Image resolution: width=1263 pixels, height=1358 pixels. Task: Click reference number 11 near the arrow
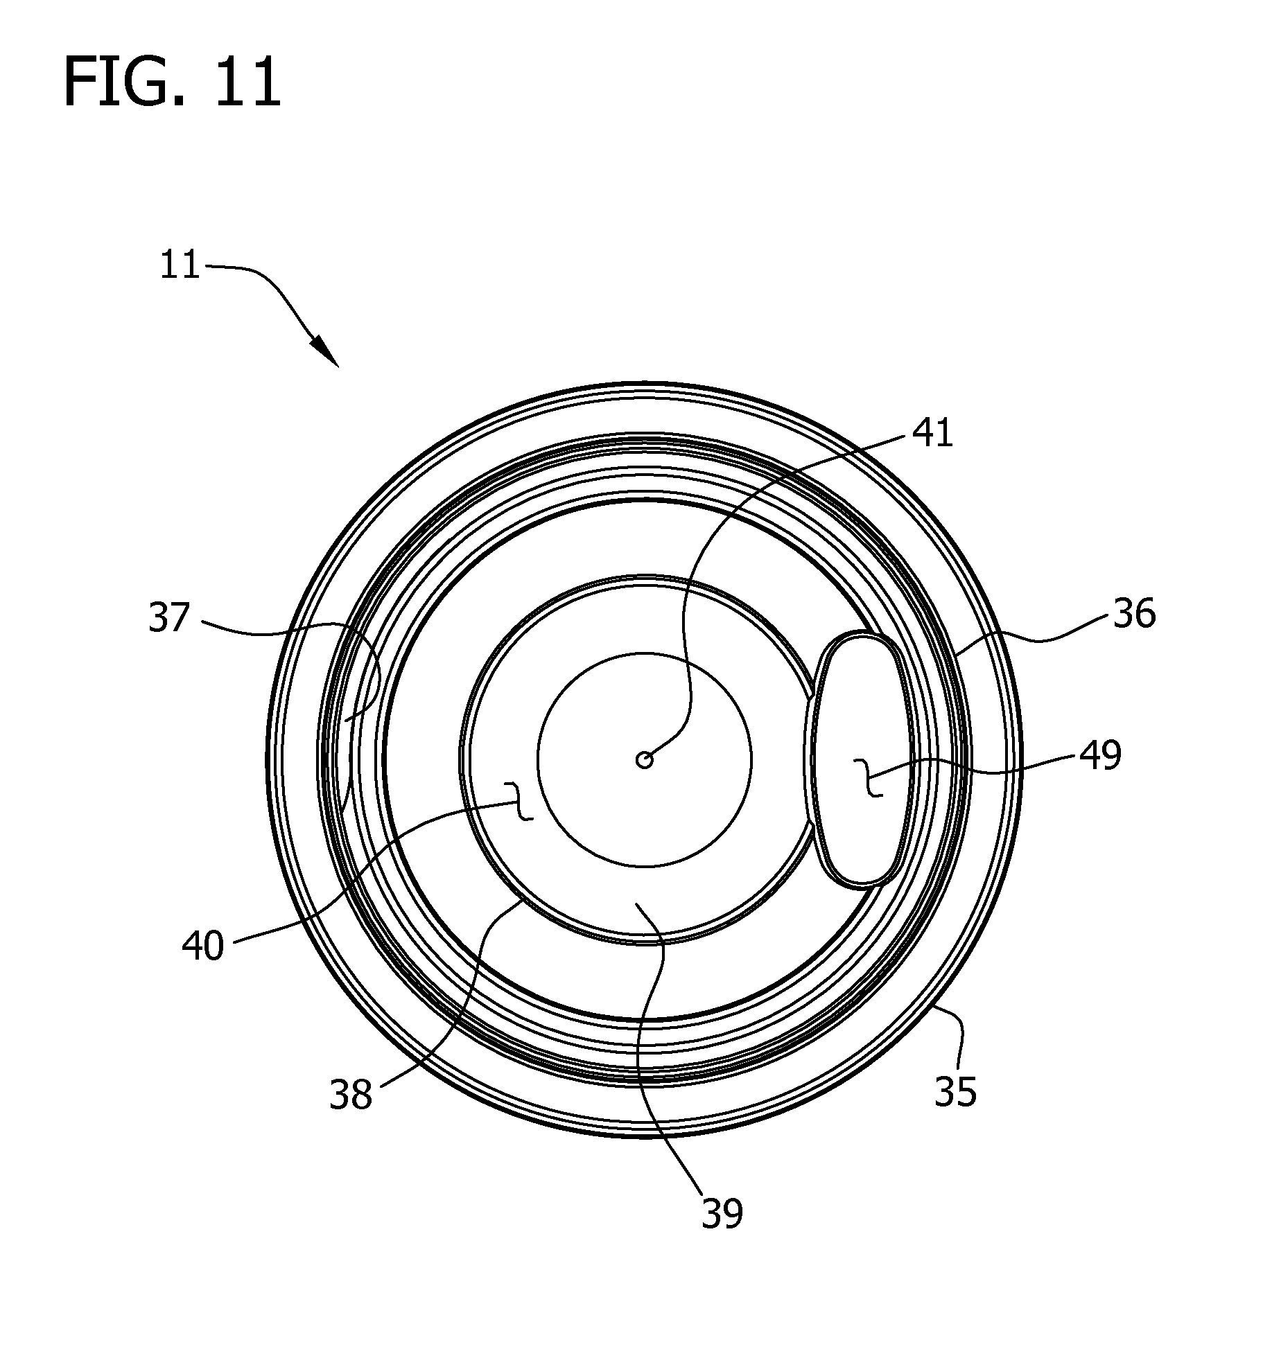click(x=180, y=265)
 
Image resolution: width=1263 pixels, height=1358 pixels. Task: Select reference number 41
click(x=932, y=434)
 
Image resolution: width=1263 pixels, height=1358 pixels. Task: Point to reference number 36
click(x=1134, y=615)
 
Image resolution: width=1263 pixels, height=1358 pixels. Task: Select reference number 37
click(x=169, y=618)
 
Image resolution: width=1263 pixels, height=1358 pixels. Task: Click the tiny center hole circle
click(x=645, y=760)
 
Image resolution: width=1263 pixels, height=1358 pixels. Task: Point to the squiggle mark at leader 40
click(x=521, y=801)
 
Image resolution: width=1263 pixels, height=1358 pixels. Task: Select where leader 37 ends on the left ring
click(x=345, y=721)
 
